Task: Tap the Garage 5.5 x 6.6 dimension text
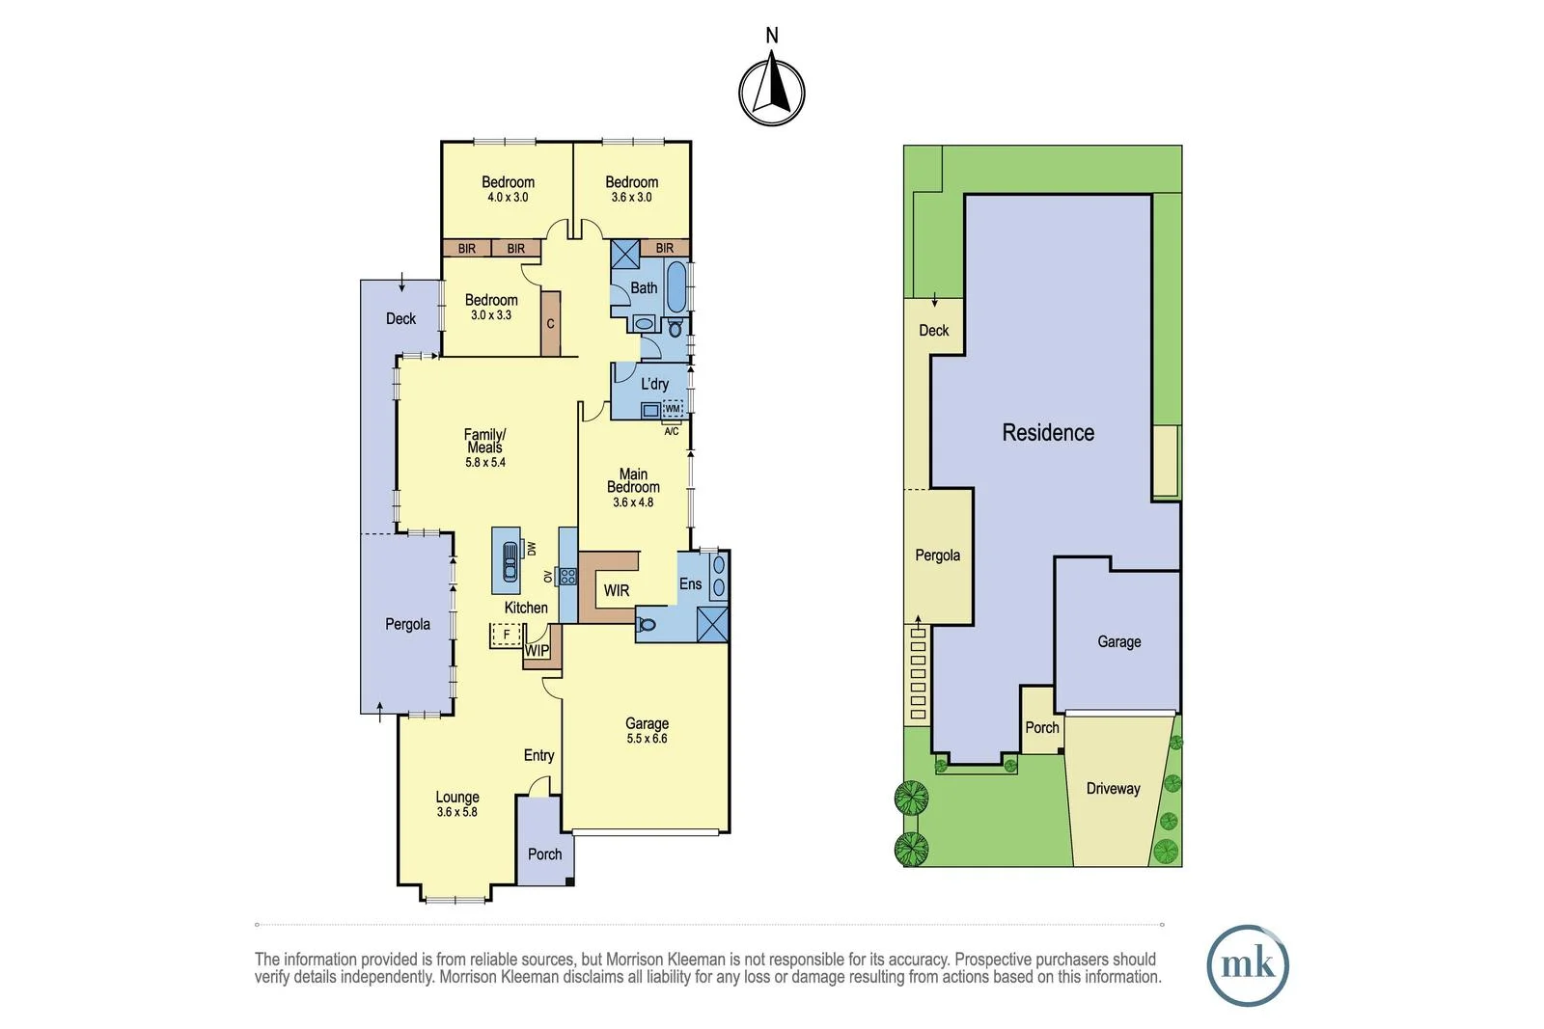(x=647, y=739)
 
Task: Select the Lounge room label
(x=457, y=798)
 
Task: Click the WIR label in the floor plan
(x=617, y=590)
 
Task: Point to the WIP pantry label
(x=537, y=651)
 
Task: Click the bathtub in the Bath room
(x=676, y=287)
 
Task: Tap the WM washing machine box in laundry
(x=673, y=409)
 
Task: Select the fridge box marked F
(x=506, y=635)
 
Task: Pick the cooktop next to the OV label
(x=568, y=577)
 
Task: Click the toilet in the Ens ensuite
(x=647, y=624)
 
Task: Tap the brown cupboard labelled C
(x=550, y=323)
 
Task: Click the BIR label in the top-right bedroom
(x=665, y=248)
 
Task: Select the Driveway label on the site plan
(x=1113, y=789)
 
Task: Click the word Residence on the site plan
(x=1048, y=433)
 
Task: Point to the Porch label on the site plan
(x=1041, y=728)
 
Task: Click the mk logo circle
(x=1248, y=965)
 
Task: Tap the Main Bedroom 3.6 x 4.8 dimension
(x=633, y=502)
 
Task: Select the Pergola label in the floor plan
(x=407, y=624)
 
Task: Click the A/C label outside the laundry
(x=672, y=431)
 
